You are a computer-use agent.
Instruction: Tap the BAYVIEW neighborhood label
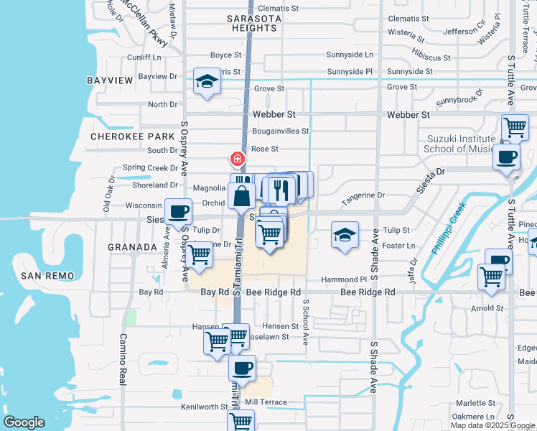(x=111, y=80)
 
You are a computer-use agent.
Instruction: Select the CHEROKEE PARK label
(x=133, y=136)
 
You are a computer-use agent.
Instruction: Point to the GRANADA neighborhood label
(x=132, y=246)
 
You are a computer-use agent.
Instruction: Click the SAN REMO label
(x=45, y=276)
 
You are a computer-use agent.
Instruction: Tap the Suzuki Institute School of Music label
(x=460, y=144)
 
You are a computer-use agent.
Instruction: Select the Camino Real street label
(x=123, y=359)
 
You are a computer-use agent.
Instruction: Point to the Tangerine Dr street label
(x=363, y=195)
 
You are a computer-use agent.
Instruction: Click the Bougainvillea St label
(x=280, y=131)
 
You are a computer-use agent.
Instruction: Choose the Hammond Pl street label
(x=344, y=279)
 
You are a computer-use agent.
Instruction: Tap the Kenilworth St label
(x=204, y=407)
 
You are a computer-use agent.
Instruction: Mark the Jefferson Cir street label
(x=464, y=32)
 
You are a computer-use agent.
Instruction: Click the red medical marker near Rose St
(x=235, y=158)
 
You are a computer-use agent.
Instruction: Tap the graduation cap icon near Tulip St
(x=345, y=235)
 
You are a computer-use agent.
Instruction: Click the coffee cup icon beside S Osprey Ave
(x=178, y=212)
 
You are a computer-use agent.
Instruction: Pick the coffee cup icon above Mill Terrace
(x=242, y=368)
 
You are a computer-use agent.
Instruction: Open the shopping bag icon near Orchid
(x=242, y=195)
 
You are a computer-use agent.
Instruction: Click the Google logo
(x=24, y=423)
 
